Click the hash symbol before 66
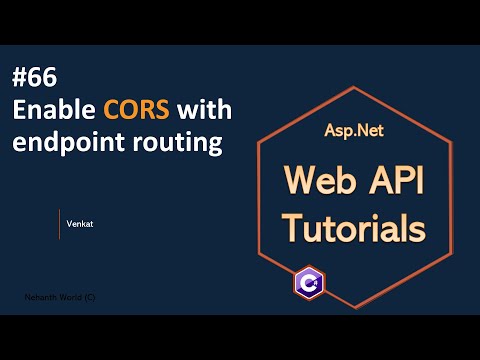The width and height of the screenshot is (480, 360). (20, 78)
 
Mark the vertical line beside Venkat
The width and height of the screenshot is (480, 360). (60, 224)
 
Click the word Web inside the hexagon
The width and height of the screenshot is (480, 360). (313, 182)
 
